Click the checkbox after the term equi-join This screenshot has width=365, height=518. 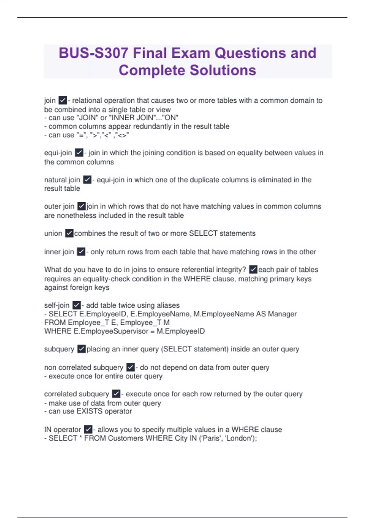[79, 153]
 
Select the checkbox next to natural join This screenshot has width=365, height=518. [87, 180]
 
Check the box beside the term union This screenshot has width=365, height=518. [69, 233]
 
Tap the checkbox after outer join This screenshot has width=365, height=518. [82, 206]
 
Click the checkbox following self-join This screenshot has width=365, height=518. [77, 305]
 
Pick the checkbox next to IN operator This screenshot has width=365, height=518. [88, 429]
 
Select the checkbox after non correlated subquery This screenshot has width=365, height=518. [130, 367]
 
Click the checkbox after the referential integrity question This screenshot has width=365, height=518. [253, 270]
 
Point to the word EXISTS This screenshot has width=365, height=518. [89, 411]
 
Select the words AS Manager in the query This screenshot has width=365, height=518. [276, 314]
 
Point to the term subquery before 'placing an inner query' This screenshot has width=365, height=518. [59, 349]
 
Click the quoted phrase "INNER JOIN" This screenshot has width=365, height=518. [131, 118]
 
